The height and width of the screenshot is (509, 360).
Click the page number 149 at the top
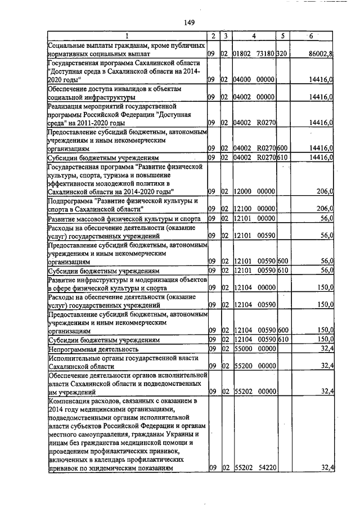pos(189,22)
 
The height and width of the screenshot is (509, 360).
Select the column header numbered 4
pos(254,36)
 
